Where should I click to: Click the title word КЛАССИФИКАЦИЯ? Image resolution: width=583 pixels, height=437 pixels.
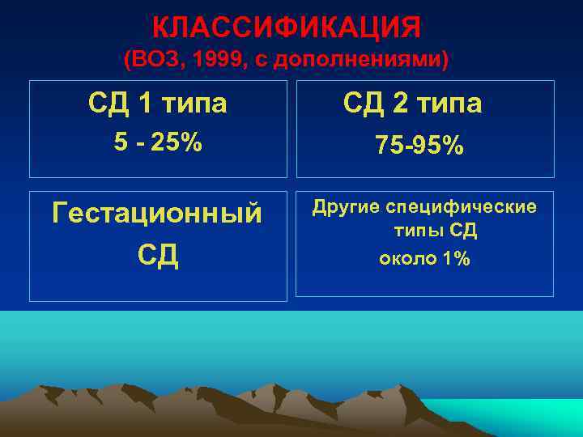click(x=287, y=28)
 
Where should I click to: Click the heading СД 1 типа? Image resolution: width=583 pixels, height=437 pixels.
click(x=157, y=103)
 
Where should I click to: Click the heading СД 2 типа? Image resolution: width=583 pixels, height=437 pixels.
click(x=412, y=103)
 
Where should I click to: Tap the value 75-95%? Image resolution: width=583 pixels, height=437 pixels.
click(x=419, y=145)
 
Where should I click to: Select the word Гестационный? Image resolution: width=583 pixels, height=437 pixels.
click(x=157, y=214)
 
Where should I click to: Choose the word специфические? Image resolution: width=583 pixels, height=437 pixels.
click(x=461, y=207)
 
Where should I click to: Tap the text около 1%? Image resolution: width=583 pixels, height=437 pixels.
click(x=423, y=258)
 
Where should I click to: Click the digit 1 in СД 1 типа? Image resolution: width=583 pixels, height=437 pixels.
click(x=147, y=103)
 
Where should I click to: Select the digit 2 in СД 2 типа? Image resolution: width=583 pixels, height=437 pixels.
click(x=400, y=103)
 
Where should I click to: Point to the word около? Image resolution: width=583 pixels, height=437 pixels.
click(x=406, y=258)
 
